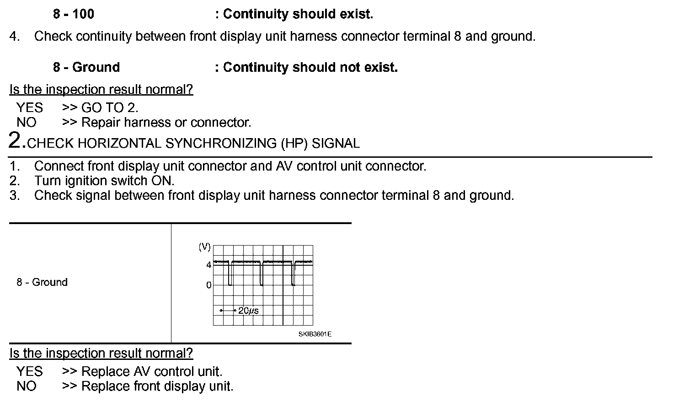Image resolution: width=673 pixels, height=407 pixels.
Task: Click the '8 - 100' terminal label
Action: pyautogui.click(x=74, y=14)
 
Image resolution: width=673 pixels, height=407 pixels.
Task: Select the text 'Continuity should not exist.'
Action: pyautogui.click(x=310, y=68)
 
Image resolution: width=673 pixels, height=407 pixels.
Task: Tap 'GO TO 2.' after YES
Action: pyautogui.click(x=110, y=108)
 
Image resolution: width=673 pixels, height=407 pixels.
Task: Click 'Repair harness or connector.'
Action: pyautogui.click(x=166, y=123)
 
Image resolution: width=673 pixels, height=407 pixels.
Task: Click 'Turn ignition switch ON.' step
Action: pyautogui.click(x=104, y=181)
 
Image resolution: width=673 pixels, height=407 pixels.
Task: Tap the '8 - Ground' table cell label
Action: pyautogui.click(x=42, y=282)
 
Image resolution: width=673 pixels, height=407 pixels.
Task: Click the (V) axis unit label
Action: pyautogui.click(x=204, y=247)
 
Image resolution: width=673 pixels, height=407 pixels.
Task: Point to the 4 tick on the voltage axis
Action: pyautogui.click(x=208, y=265)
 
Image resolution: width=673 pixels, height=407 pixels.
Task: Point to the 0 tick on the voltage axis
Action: pyautogui.click(x=208, y=285)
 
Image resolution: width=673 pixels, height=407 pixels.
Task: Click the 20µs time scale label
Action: pyautogui.click(x=248, y=311)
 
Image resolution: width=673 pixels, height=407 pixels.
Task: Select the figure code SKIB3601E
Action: pyautogui.click(x=315, y=334)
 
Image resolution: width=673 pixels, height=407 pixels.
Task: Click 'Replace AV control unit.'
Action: pyautogui.click(x=152, y=371)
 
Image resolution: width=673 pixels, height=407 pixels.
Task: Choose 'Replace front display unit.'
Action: pyautogui.click(x=157, y=386)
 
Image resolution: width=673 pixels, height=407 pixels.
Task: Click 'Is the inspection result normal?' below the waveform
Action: pyautogui.click(x=101, y=353)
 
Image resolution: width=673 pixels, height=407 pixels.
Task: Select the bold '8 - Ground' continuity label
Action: pyautogui.click(x=86, y=68)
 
